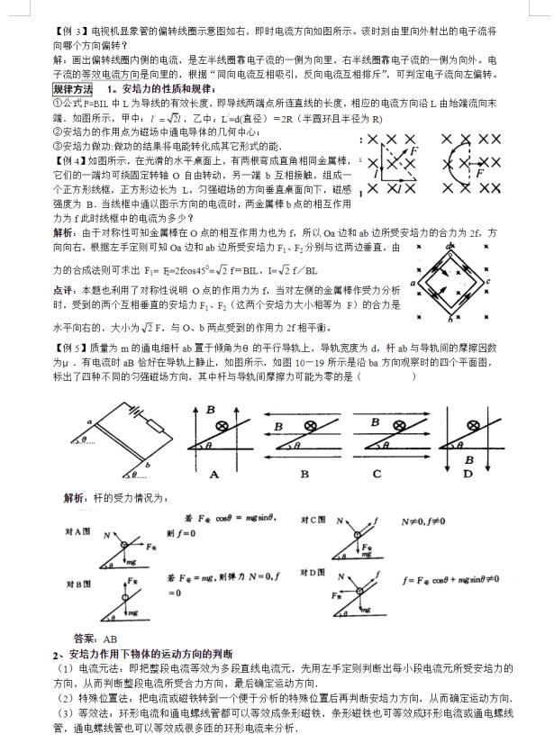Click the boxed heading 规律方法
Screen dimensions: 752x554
tap(72, 89)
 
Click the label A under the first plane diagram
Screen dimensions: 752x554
tap(214, 474)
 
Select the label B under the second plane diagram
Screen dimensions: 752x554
tap(303, 474)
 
